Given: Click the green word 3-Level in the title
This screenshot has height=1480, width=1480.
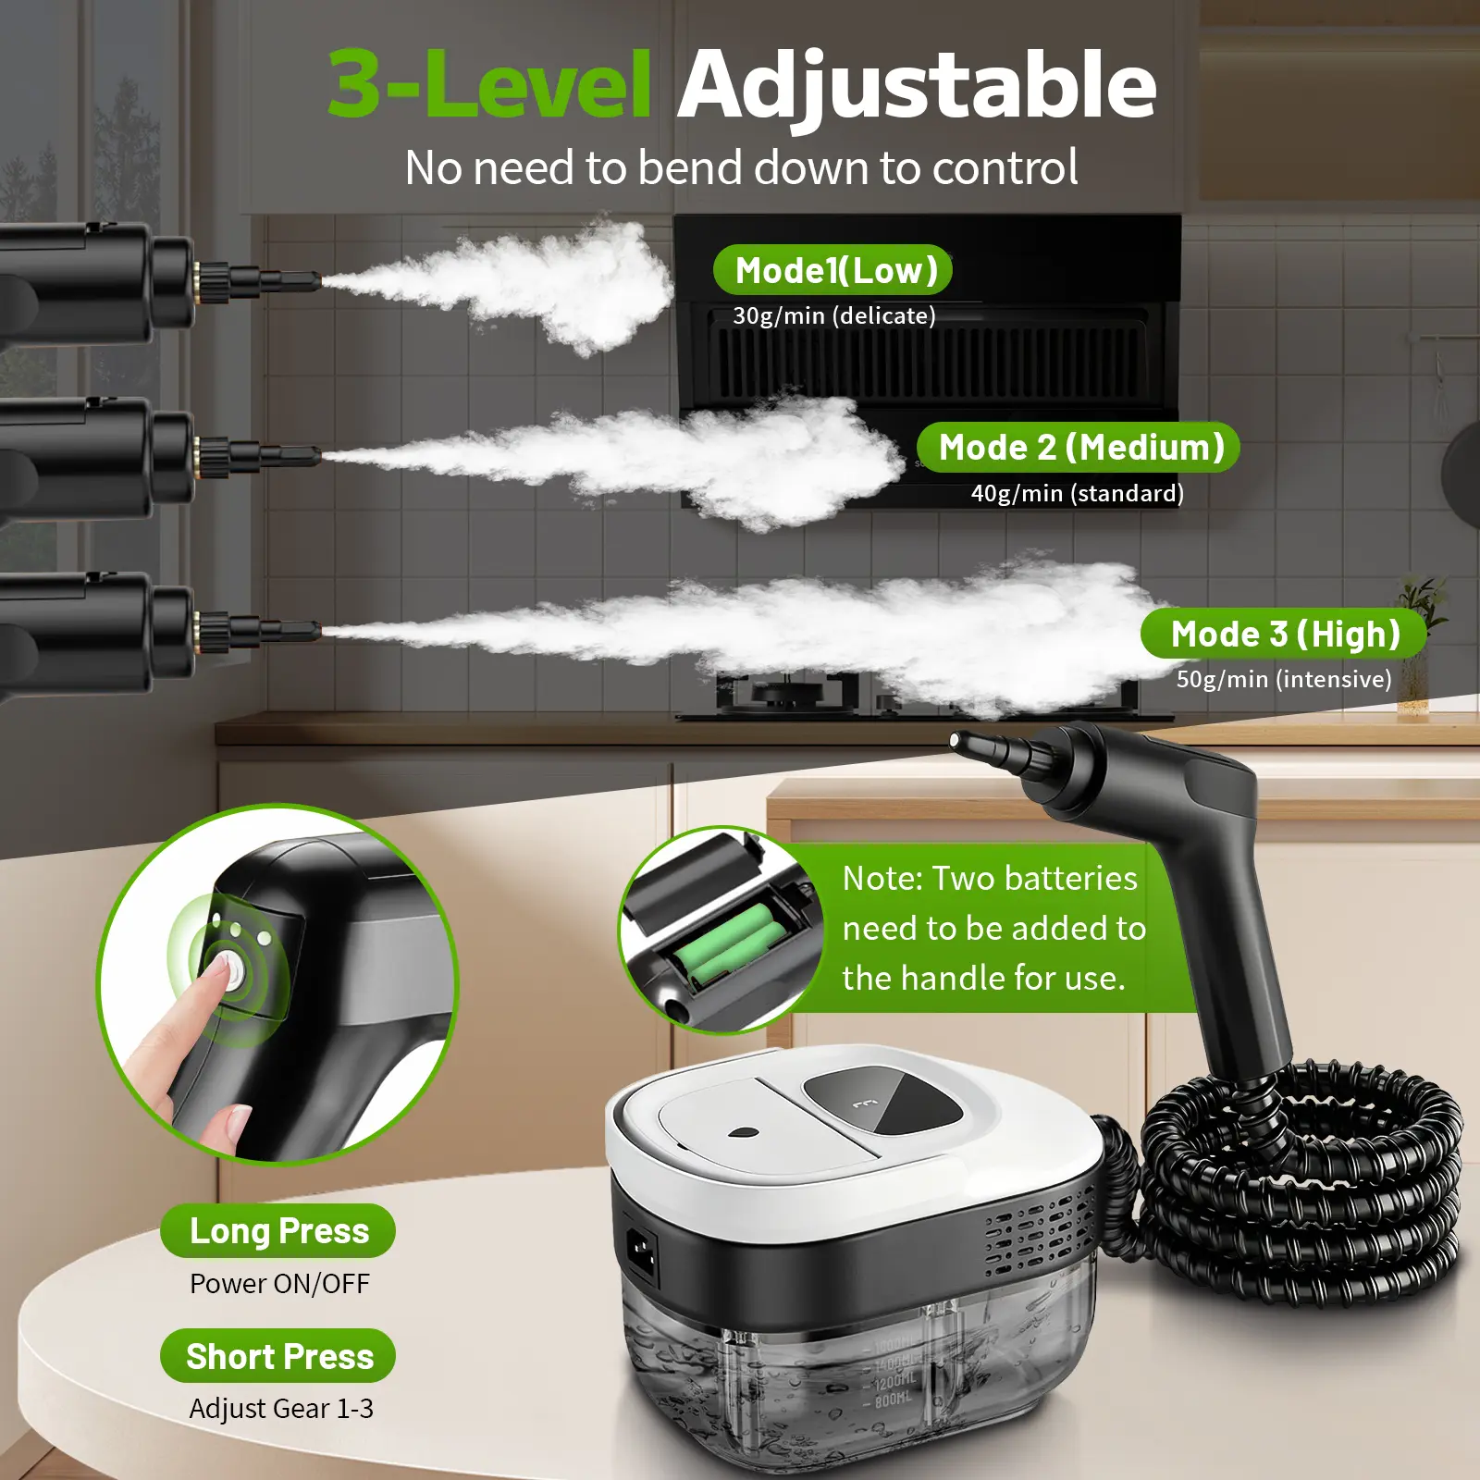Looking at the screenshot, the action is pyautogui.click(x=489, y=84).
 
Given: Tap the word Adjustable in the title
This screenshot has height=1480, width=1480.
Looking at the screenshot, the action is pyautogui.click(x=917, y=88).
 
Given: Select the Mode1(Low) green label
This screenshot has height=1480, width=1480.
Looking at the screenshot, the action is pyautogui.click(x=832, y=270).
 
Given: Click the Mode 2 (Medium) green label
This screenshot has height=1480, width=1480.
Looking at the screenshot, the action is pyautogui.click(x=1079, y=448).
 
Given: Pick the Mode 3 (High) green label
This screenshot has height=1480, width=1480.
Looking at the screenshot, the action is pyautogui.click(x=1284, y=634).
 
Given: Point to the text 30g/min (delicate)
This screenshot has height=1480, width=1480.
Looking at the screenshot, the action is pyautogui.click(x=834, y=316).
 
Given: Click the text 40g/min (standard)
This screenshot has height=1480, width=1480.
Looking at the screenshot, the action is pyautogui.click(x=1078, y=493).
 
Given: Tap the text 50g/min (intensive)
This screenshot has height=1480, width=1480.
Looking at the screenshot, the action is pyautogui.click(x=1284, y=679).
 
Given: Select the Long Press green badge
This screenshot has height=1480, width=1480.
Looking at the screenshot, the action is pyautogui.click(x=278, y=1231).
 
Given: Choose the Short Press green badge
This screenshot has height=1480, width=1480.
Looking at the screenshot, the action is pyautogui.click(x=278, y=1356).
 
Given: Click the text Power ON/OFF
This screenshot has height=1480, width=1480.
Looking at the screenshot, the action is pyautogui.click(x=279, y=1284).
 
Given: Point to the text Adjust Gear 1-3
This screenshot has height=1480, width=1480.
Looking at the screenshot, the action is pyautogui.click(x=281, y=1409).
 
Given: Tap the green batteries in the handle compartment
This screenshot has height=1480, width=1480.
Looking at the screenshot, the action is pyautogui.click(x=725, y=945).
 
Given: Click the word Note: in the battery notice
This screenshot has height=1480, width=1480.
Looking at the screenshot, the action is pyautogui.click(x=882, y=878).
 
